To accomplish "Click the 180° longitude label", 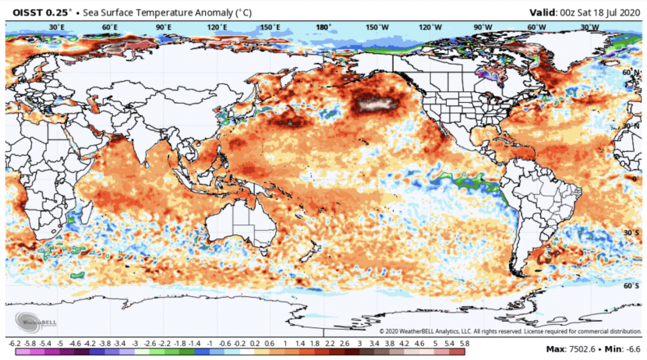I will pyautogui.click(x=322, y=27).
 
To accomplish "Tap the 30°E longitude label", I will pyautogui.click(x=56, y=27).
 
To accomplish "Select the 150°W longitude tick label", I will pyautogui.click(x=377, y=27).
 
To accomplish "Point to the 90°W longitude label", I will pyautogui.click(x=483, y=27).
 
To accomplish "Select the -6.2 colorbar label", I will pyautogui.click(x=14, y=344).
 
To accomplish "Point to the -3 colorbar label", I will pyautogui.click(x=135, y=344).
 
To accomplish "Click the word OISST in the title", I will pyautogui.click(x=24, y=11).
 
